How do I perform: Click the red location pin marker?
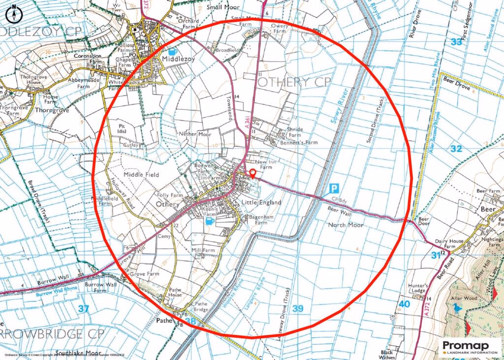(252, 173)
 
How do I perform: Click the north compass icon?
(13, 14)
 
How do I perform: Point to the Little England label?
(261, 202)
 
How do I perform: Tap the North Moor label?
(346, 225)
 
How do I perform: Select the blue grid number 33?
(456, 42)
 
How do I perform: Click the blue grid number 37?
(84, 309)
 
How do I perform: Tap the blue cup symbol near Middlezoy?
(171, 51)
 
